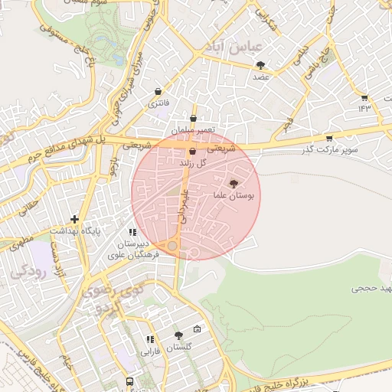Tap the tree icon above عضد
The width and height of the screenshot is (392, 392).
pyautogui.click(x=260, y=65)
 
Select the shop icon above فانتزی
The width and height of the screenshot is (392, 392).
pyautogui.click(x=158, y=90)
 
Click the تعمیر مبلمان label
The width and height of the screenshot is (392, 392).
pyautogui.click(x=193, y=132)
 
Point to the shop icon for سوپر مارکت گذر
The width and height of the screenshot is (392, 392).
pyautogui.click(x=329, y=138)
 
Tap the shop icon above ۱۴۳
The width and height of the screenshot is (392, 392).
pyautogui.click(x=364, y=97)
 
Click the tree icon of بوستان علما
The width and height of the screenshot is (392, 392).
pyautogui.click(x=234, y=184)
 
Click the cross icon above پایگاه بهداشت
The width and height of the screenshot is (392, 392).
pyautogui.click(x=74, y=219)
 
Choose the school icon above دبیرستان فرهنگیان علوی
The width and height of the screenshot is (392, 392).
pyautogui.click(x=132, y=232)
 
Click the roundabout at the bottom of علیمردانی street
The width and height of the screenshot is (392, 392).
pyautogui.click(x=174, y=246)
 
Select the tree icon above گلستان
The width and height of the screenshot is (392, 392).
pyautogui.click(x=178, y=335)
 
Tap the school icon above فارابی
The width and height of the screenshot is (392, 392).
pyautogui.click(x=150, y=340)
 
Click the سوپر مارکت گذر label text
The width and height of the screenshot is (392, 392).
pyautogui.click(x=349, y=149)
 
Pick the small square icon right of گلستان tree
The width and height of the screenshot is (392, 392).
pyautogui.click(x=198, y=329)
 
